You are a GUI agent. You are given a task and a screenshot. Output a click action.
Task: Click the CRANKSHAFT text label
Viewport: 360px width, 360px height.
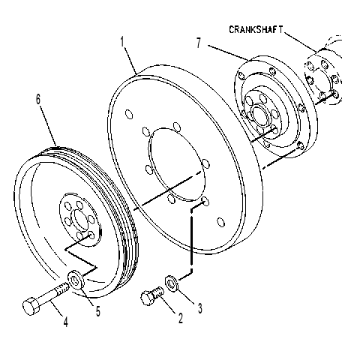pos(256,29)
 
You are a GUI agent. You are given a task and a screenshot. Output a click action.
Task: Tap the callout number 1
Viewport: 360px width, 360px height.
pos(122,42)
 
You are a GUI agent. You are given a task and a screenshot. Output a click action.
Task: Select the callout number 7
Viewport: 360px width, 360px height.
pos(199,43)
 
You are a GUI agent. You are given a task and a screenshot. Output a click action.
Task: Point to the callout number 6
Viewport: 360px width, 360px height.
pos(38,99)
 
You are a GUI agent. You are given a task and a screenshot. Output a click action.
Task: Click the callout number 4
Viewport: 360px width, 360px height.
pos(65,322)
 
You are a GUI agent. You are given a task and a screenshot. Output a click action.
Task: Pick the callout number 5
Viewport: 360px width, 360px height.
pos(98,311)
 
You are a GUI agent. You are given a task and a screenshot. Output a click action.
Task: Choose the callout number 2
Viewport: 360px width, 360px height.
pos(181,318)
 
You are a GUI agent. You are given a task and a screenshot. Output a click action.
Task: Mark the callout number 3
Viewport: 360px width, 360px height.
pos(200,308)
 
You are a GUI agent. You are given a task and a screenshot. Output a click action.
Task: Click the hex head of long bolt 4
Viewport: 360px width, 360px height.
pos(31,306)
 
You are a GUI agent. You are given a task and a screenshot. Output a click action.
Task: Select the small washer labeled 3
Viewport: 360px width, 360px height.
pos(172,283)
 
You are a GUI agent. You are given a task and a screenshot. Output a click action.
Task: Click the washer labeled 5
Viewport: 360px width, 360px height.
pos(76,279)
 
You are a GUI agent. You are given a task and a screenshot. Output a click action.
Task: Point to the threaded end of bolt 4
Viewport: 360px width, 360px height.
pos(62,289)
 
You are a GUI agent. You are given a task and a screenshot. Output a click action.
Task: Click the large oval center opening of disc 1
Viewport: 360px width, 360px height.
pos(177,164)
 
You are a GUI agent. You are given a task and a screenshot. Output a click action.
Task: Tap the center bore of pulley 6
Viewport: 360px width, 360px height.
pos(80,220)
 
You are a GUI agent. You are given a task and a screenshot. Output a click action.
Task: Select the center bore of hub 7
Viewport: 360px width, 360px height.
pos(261,115)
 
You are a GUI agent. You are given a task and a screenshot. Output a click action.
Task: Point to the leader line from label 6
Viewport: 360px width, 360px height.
pos(49,125)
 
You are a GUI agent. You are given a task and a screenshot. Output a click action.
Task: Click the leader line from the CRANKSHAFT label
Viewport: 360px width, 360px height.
pos(300,42)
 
